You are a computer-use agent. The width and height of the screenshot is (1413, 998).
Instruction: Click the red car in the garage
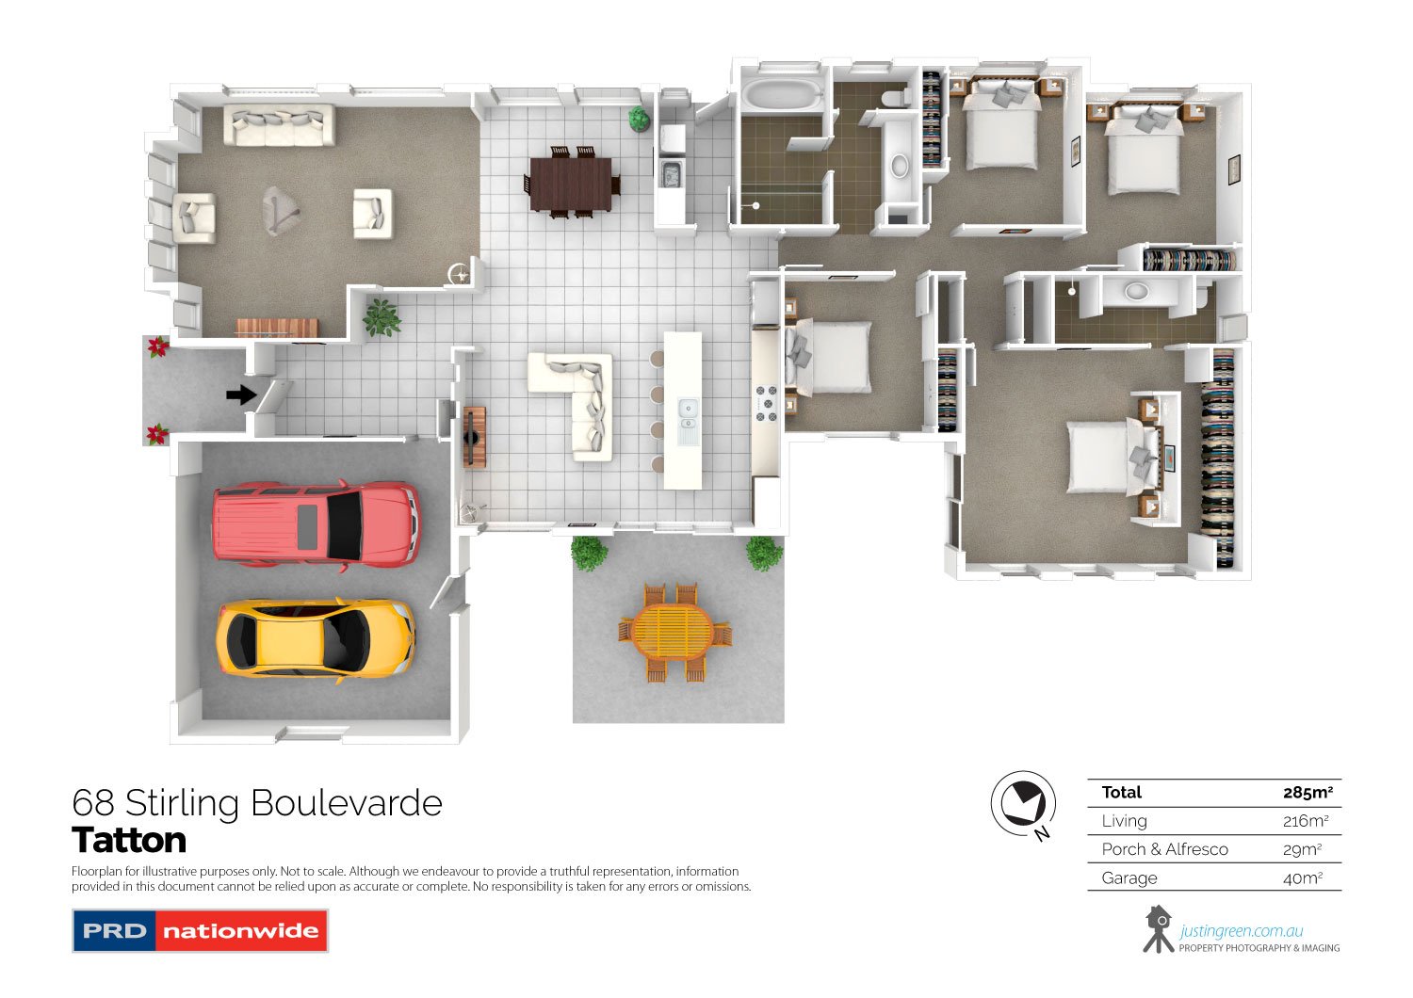317,524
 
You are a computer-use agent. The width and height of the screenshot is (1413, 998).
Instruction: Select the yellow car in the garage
316,638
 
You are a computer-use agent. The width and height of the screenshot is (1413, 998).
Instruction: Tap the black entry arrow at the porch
241,395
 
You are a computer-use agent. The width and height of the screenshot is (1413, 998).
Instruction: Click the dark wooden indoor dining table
571,184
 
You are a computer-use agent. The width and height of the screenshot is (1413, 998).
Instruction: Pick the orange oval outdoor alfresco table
673,631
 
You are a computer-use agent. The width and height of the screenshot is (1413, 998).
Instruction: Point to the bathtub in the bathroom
782,96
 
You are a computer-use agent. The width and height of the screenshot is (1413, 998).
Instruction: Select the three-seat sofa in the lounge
279,125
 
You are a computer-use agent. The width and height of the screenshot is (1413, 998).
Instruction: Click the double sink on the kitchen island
688,415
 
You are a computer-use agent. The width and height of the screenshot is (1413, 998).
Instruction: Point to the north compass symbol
1023,804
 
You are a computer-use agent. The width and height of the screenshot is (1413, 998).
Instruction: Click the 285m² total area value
1307,793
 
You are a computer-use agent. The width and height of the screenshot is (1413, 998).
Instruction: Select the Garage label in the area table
1129,877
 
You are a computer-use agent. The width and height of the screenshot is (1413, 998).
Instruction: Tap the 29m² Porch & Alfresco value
1302,849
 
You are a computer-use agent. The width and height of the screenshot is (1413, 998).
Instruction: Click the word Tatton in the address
129,840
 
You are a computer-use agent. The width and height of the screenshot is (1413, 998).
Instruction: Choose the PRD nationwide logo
200,930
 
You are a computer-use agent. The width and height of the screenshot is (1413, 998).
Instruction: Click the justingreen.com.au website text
1242,930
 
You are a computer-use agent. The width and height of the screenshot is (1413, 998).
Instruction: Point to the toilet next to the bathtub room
895,98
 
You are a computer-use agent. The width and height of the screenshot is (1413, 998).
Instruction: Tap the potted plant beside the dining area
639,119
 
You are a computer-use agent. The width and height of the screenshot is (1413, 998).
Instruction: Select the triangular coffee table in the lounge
280,210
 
